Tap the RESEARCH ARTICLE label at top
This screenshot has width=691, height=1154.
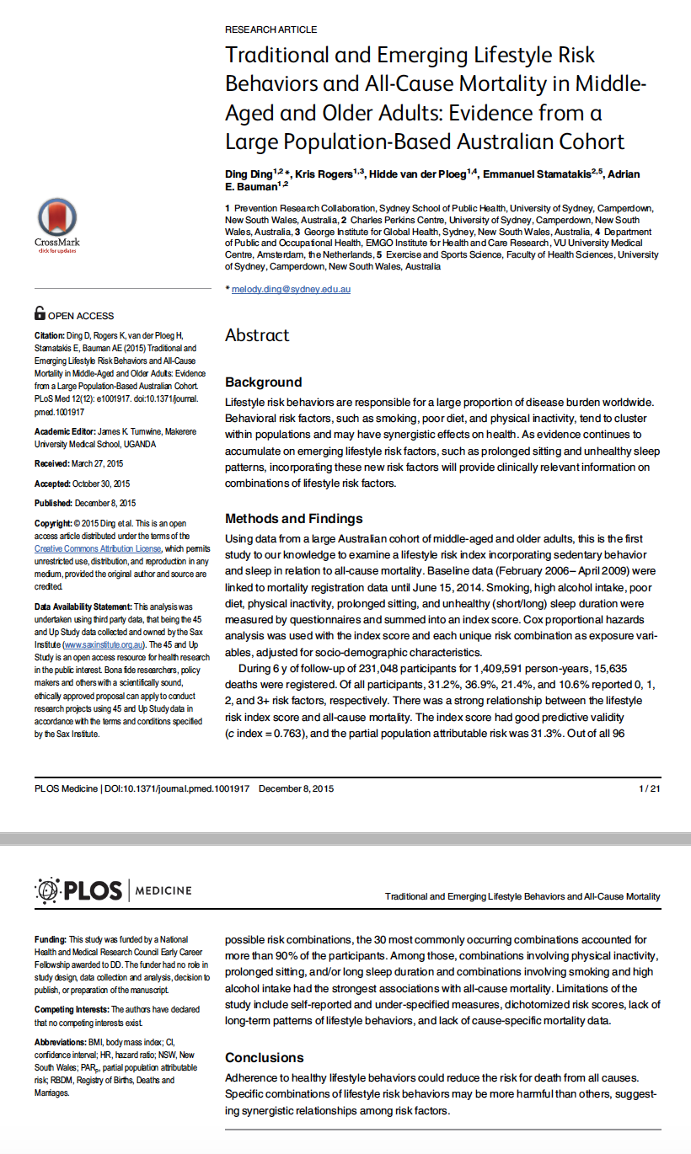(271, 29)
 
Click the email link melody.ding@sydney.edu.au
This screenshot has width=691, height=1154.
(291, 289)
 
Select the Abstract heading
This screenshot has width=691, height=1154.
(257, 335)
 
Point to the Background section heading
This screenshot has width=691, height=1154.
(263, 382)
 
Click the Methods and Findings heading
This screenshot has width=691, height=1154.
(294, 518)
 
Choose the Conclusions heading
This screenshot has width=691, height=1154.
(265, 1057)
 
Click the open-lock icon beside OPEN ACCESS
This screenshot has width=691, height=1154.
(40, 313)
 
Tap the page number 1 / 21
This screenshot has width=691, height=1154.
(650, 788)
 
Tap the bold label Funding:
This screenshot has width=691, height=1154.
(50, 939)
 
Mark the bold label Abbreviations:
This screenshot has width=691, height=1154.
(61, 1042)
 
